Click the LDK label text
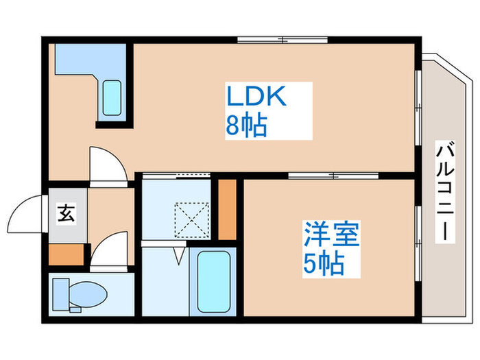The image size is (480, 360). (x=256, y=96)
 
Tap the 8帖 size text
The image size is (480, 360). (x=246, y=125)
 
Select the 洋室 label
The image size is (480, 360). (x=331, y=235)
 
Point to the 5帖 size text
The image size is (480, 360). (x=324, y=263)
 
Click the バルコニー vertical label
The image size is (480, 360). (x=445, y=192)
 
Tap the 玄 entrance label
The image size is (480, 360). (x=66, y=214)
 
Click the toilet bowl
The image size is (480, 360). (x=88, y=294)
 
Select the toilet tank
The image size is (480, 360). (x=60, y=294)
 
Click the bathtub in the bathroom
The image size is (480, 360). (x=213, y=282)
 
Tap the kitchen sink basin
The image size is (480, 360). (x=112, y=97)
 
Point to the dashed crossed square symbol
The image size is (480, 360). (x=192, y=220)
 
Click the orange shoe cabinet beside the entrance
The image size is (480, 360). (x=66, y=254)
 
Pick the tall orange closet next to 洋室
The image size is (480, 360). (x=227, y=210)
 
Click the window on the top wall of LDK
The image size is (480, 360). (x=283, y=40)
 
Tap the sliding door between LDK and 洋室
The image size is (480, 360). (x=333, y=176)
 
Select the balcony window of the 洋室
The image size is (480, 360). (x=418, y=243)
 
